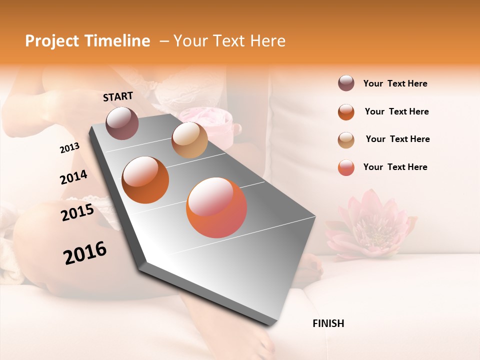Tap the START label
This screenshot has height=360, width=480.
pyautogui.click(x=118, y=96)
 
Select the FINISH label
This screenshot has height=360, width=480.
pyautogui.click(x=328, y=323)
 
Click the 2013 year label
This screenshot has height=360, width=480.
pyautogui.click(x=70, y=148)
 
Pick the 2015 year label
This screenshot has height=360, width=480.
pyautogui.click(x=77, y=212)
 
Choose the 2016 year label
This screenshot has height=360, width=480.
pyautogui.click(x=85, y=253)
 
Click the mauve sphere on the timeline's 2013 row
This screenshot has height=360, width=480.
pyautogui.click(x=122, y=123)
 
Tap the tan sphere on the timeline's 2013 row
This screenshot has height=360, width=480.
pyautogui.click(x=189, y=140)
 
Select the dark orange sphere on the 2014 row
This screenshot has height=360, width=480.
pyautogui.click(x=145, y=179)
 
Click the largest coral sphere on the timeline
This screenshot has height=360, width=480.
pyautogui.click(x=216, y=207)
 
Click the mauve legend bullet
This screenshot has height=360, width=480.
pyautogui.click(x=346, y=83)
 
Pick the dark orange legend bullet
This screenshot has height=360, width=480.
pyautogui.click(x=346, y=112)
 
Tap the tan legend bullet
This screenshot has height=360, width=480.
pyautogui.click(x=346, y=140)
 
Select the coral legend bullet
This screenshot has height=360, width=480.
pyautogui.click(x=346, y=167)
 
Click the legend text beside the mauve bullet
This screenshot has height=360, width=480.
pyautogui.click(x=395, y=84)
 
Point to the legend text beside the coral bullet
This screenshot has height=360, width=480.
pyautogui.click(x=395, y=167)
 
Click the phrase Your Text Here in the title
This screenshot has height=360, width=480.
pyautogui.click(x=229, y=41)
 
